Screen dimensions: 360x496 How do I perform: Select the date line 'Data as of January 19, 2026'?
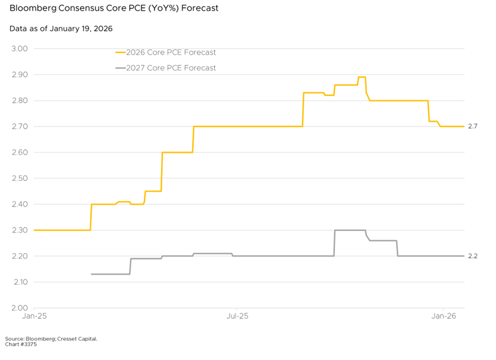pyautogui.click(x=61, y=29)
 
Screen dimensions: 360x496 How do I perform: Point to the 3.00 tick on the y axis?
pyautogui.click(x=20, y=49)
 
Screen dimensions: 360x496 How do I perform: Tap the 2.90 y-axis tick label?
pyautogui.click(x=20, y=75)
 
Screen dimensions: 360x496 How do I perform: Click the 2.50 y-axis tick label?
pyautogui.click(x=20, y=179)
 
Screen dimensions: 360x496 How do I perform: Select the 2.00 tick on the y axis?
pyautogui.click(x=20, y=308)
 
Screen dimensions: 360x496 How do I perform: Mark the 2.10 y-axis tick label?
pyautogui.click(x=20, y=282)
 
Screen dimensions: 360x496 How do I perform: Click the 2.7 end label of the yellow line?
pyautogui.click(x=472, y=127)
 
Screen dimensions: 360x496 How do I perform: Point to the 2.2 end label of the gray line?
pyautogui.click(x=472, y=256)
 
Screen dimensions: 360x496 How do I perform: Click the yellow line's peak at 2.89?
pyautogui.click(x=362, y=77)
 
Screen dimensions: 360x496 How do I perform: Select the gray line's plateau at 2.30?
pyautogui.click(x=350, y=230)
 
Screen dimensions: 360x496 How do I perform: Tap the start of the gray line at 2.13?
pyautogui.click(x=92, y=274)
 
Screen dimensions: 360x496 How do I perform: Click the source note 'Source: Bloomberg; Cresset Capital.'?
pyautogui.click(x=51, y=339)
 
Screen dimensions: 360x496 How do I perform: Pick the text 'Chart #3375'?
pyautogui.click(x=21, y=344)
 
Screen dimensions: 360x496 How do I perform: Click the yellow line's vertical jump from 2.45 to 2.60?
pyautogui.click(x=162, y=172)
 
